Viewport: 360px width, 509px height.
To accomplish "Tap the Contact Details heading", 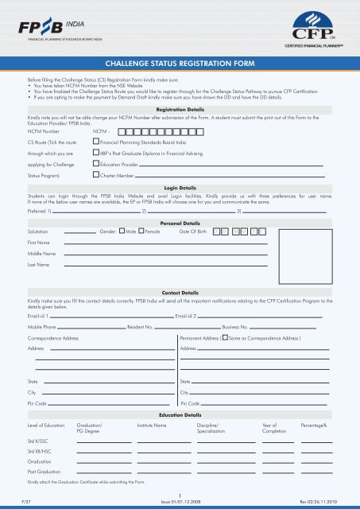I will coord(179,293).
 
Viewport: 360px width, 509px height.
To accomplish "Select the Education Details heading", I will coord(180,415).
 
